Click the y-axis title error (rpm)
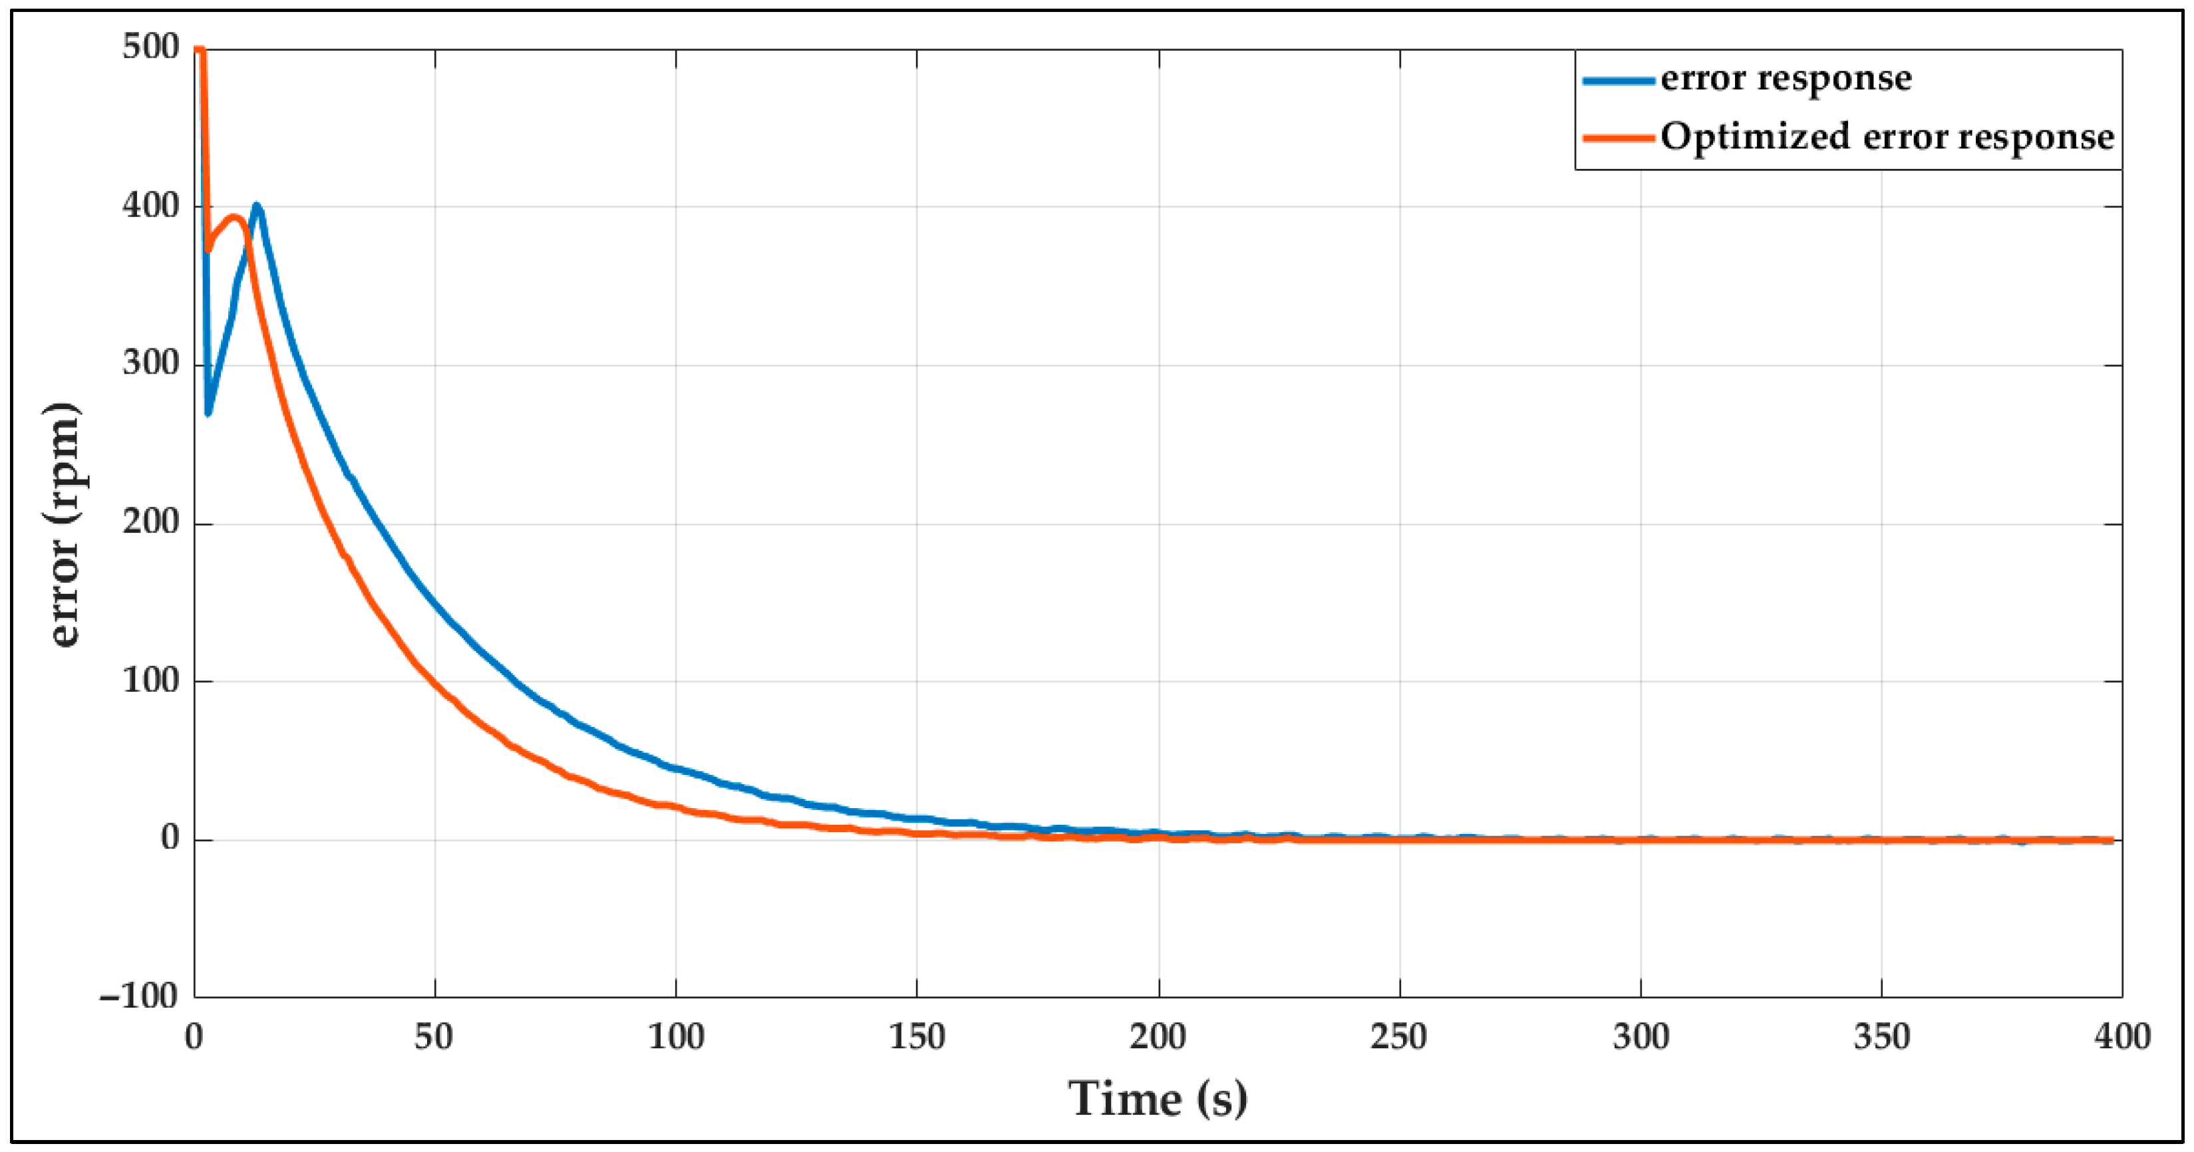65,523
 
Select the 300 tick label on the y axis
151,364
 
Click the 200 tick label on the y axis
151,522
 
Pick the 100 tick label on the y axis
151,680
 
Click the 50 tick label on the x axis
434,1037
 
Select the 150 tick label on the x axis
917,1037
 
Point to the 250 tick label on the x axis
1398,1037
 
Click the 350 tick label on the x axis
1881,1037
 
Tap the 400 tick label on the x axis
2121,1037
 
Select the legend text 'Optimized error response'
1887,137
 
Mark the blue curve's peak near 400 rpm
256,206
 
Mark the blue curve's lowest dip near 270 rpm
208,413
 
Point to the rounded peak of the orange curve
234,217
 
